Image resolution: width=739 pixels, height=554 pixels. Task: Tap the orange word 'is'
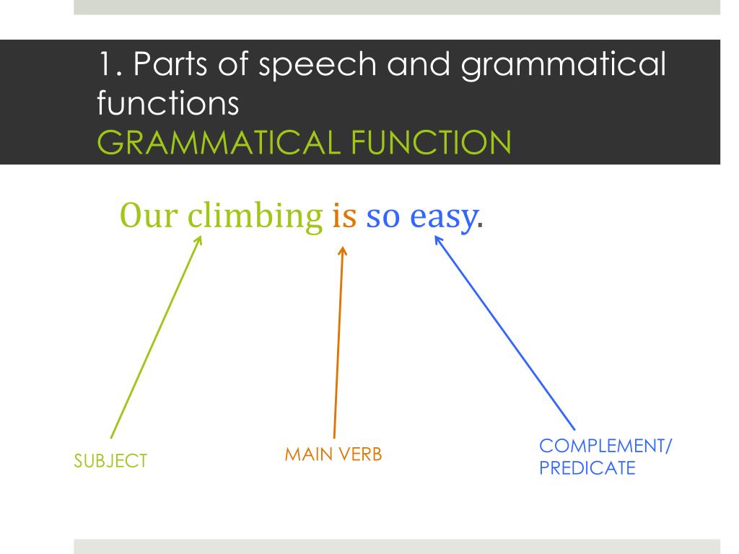tap(344, 215)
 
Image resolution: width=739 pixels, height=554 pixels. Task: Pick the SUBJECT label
tap(111, 461)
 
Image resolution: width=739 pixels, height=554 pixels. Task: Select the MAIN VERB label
tap(333, 454)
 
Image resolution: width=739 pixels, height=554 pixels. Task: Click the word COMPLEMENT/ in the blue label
tap(605, 447)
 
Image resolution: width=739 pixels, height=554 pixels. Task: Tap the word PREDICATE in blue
tap(587, 468)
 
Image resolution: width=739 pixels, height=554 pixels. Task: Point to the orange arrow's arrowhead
tap(343, 250)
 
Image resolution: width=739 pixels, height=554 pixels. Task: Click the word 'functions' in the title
tap(167, 104)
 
